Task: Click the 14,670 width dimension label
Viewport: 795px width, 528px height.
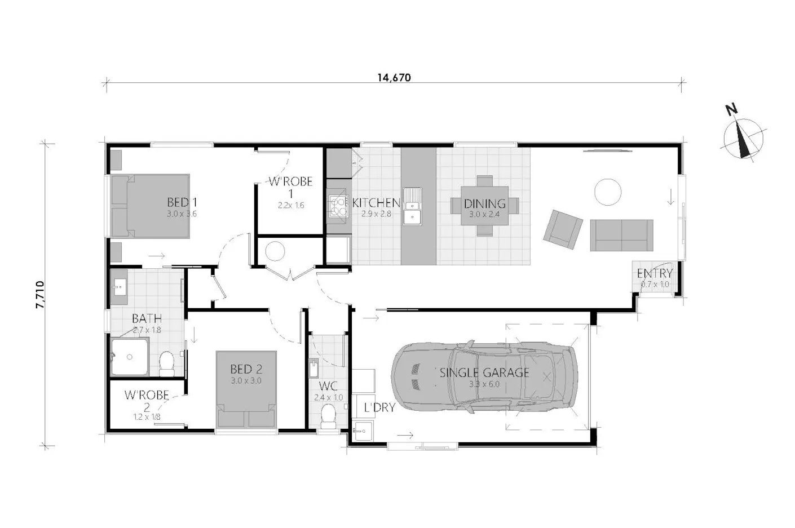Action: click(394, 78)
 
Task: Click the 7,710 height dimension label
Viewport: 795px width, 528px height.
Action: click(40, 295)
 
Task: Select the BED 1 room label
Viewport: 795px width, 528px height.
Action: click(182, 202)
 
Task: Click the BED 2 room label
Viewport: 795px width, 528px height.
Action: click(246, 370)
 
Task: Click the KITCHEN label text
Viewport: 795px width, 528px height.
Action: click(376, 203)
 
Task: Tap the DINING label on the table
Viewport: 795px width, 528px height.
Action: click(484, 204)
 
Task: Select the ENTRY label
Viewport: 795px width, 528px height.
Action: click(655, 274)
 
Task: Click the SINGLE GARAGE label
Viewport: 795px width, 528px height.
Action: click(484, 372)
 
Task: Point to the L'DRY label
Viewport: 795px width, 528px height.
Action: click(379, 407)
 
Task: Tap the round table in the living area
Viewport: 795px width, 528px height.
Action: click(608, 192)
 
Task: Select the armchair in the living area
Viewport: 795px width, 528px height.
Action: click(563, 229)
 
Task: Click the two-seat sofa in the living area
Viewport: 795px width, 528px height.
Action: click(621, 235)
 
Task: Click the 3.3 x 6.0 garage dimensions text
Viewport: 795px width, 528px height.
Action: click(484, 385)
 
